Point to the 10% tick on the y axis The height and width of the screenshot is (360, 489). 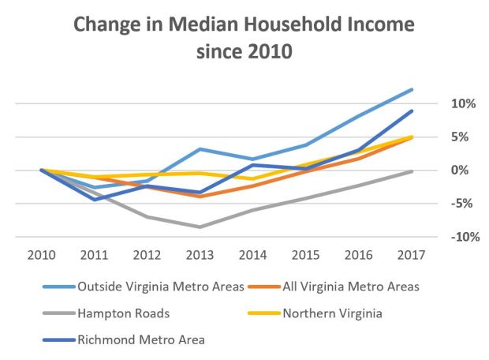pos(440,104)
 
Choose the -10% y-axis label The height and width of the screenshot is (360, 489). pos(438,237)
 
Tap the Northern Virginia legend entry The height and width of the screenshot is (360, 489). pos(330,313)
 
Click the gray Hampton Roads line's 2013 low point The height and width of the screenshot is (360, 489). pos(200,227)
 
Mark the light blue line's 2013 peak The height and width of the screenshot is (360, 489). pos(200,149)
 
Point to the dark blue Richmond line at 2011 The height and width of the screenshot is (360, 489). pos(95,200)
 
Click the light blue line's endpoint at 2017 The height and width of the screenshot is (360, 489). pos(411,90)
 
